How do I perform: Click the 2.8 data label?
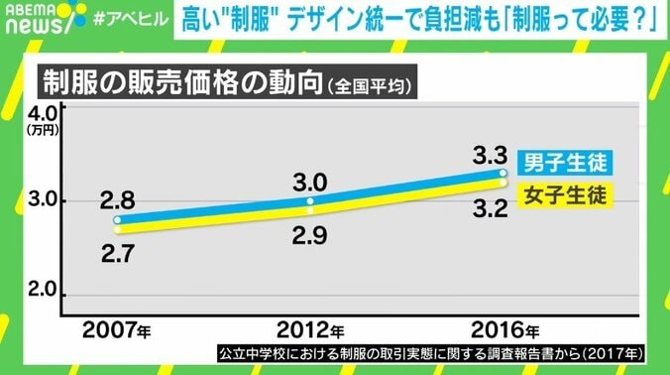point(117,199)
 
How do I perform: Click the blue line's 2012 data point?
point(310,200)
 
